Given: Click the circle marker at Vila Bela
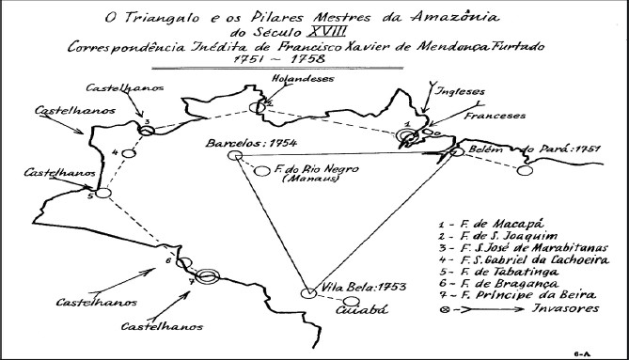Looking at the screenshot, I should pyautogui.click(x=307, y=293).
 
